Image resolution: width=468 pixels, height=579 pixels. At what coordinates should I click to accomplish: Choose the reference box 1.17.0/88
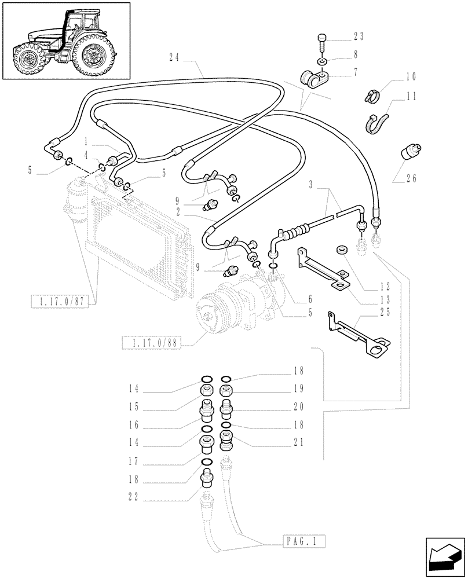152,343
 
